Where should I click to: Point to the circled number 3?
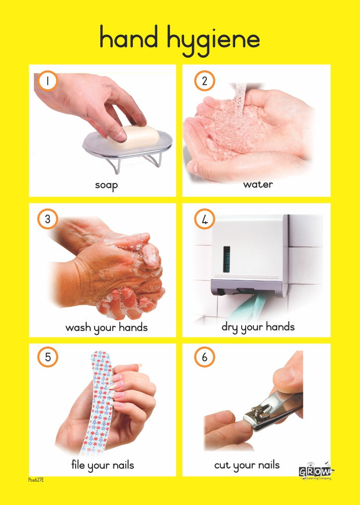[47, 220]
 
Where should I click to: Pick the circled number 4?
[204, 220]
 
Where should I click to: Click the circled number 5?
[47, 357]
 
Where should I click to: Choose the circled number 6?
[204, 357]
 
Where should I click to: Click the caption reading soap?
[106, 185]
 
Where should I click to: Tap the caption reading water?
[258, 184]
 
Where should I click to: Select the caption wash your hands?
[106, 328]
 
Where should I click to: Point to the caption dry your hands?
[258, 327]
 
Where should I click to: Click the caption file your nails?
[102, 466]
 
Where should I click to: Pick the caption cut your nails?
[247, 466]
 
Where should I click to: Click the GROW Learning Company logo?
[315, 472]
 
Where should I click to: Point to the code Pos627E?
[36, 480]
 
